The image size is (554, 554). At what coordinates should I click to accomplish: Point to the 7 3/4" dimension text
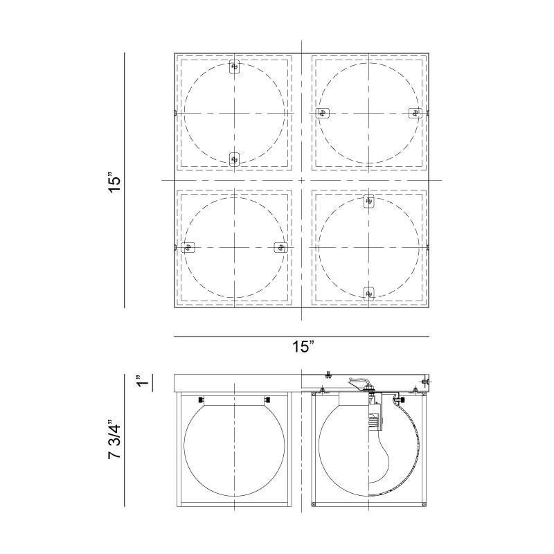115,438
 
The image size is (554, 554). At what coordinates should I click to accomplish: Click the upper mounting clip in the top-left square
234,67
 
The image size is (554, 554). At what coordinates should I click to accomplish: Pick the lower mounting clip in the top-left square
234,159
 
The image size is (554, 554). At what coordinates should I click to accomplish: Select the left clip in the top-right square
322,113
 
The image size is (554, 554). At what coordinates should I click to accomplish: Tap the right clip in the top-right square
415,113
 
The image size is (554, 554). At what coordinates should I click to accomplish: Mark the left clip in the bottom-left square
188,247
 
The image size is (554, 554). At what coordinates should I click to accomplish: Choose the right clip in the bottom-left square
280,247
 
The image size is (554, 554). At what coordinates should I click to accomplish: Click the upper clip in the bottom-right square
369,202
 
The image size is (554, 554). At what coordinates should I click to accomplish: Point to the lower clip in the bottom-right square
369,293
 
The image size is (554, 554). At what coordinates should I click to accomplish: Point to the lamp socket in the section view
374,415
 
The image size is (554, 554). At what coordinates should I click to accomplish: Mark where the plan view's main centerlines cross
302,181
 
